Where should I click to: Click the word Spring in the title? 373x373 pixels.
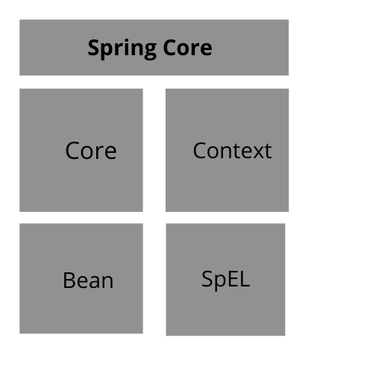122,49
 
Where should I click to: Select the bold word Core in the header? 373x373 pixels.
188,48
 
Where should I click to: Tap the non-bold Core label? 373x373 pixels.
91,151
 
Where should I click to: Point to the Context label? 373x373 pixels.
232,151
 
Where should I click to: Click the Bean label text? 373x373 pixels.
88,280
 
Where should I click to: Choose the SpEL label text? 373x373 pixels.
226,280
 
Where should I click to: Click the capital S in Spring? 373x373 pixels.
94,48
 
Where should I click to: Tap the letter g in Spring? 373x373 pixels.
149,51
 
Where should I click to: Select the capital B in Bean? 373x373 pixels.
69,280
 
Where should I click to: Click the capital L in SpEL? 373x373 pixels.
245,279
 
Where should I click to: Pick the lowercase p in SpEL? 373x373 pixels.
218,283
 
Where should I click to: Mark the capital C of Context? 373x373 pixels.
200,151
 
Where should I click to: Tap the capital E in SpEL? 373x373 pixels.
231,279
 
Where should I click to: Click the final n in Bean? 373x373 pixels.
107,282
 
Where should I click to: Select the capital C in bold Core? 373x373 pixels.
170,48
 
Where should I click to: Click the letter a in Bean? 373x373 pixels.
95,282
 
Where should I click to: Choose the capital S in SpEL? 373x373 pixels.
207,279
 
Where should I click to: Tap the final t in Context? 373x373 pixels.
269,151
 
